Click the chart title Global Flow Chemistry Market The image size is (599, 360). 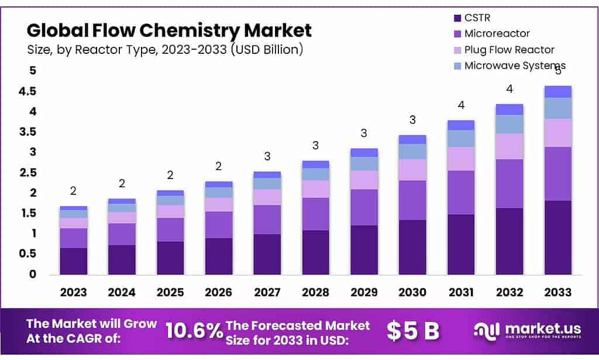point(169,30)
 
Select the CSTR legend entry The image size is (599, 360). point(478,17)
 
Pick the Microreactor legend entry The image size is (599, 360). point(497,33)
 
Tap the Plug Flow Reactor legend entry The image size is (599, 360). point(509,50)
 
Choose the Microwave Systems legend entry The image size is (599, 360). point(515,66)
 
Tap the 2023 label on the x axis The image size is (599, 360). point(73,292)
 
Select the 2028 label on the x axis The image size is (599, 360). point(315,292)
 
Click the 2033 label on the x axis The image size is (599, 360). point(557,292)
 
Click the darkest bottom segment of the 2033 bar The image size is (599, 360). point(557,237)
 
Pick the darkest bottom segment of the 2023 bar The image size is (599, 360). point(73,261)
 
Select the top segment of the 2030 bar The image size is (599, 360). point(412,139)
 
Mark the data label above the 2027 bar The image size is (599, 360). point(267,157)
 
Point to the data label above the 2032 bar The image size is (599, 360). point(509,90)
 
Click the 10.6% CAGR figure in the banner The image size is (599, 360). point(194,331)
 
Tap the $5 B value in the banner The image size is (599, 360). point(413,331)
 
